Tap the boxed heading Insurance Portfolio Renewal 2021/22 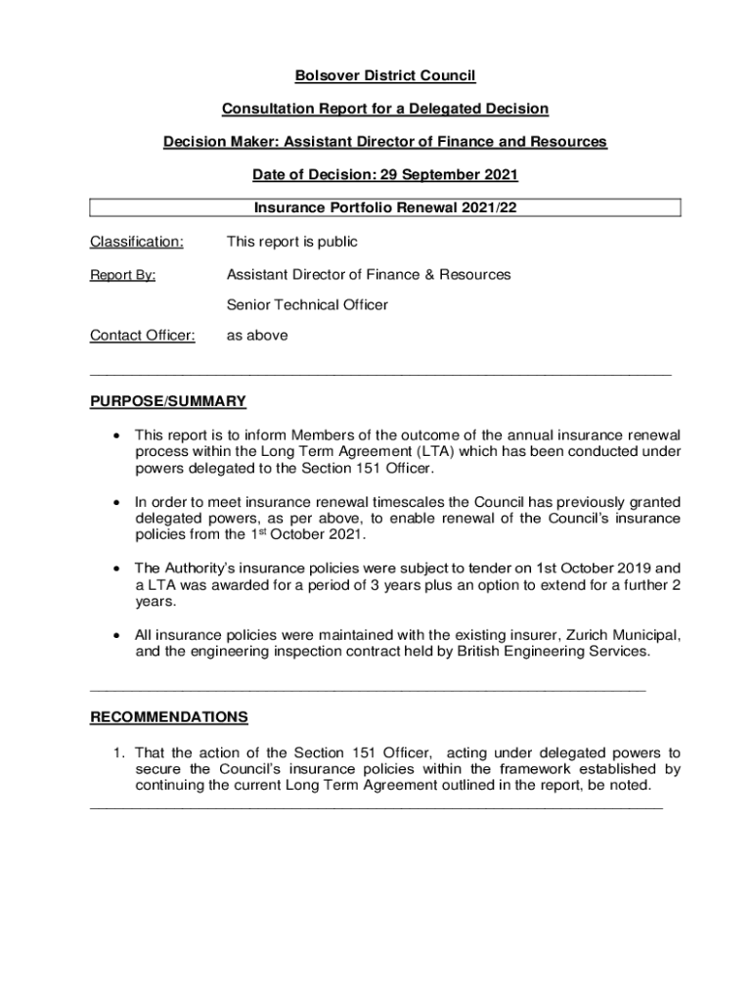(385, 207)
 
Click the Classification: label (136, 242)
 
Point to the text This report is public (292, 242)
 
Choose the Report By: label (123, 275)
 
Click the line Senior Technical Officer (307, 305)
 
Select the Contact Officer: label (143, 336)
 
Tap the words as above (257, 336)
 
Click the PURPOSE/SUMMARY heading (168, 401)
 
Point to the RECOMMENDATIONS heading (169, 717)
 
